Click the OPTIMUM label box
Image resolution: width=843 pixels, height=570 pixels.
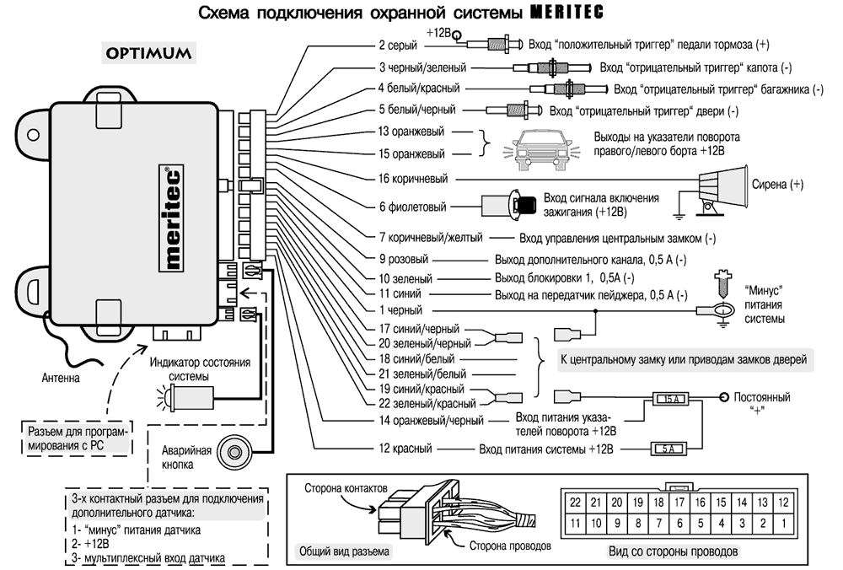click(x=148, y=52)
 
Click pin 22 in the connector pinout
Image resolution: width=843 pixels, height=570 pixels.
click(x=576, y=502)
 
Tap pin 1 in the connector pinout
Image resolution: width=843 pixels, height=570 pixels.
click(x=783, y=524)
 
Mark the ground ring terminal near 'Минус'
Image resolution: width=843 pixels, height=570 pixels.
click(x=719, y=312)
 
